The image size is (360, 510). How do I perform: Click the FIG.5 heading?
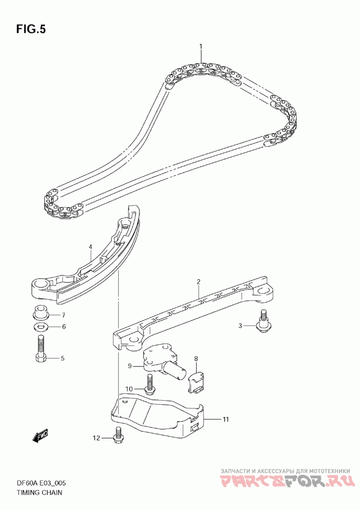tap(31, 29)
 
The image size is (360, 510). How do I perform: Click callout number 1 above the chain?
tap(201, 46)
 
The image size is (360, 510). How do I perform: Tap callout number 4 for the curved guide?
tap(90, 247)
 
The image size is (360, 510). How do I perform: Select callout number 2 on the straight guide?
tap(198, 282)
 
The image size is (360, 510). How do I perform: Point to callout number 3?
tap(240, 325)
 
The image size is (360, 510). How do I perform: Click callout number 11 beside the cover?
tap(225, 419)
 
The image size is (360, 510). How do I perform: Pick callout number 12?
tap(96, 438)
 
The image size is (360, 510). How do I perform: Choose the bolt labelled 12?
tap(119, 435)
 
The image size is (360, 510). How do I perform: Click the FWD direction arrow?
tap(40, 436)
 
